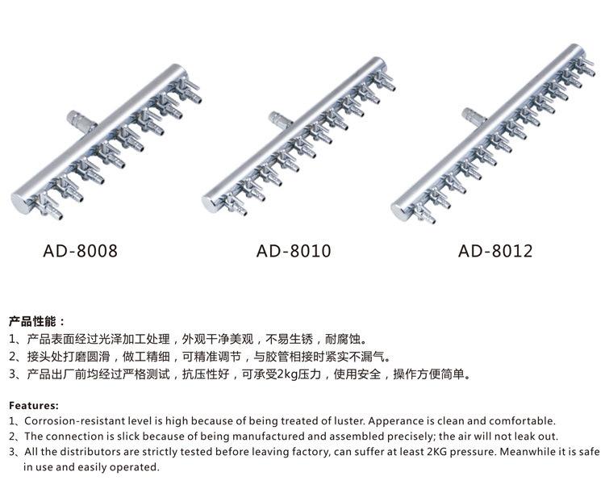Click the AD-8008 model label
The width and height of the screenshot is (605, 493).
(x=80, y=251)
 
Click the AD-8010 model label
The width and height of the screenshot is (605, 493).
(x=294, y=251)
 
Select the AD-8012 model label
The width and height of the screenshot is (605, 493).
(x=495, y=251)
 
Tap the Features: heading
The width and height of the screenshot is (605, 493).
(x=34, y=405)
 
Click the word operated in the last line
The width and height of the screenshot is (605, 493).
(x=136, y=467)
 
